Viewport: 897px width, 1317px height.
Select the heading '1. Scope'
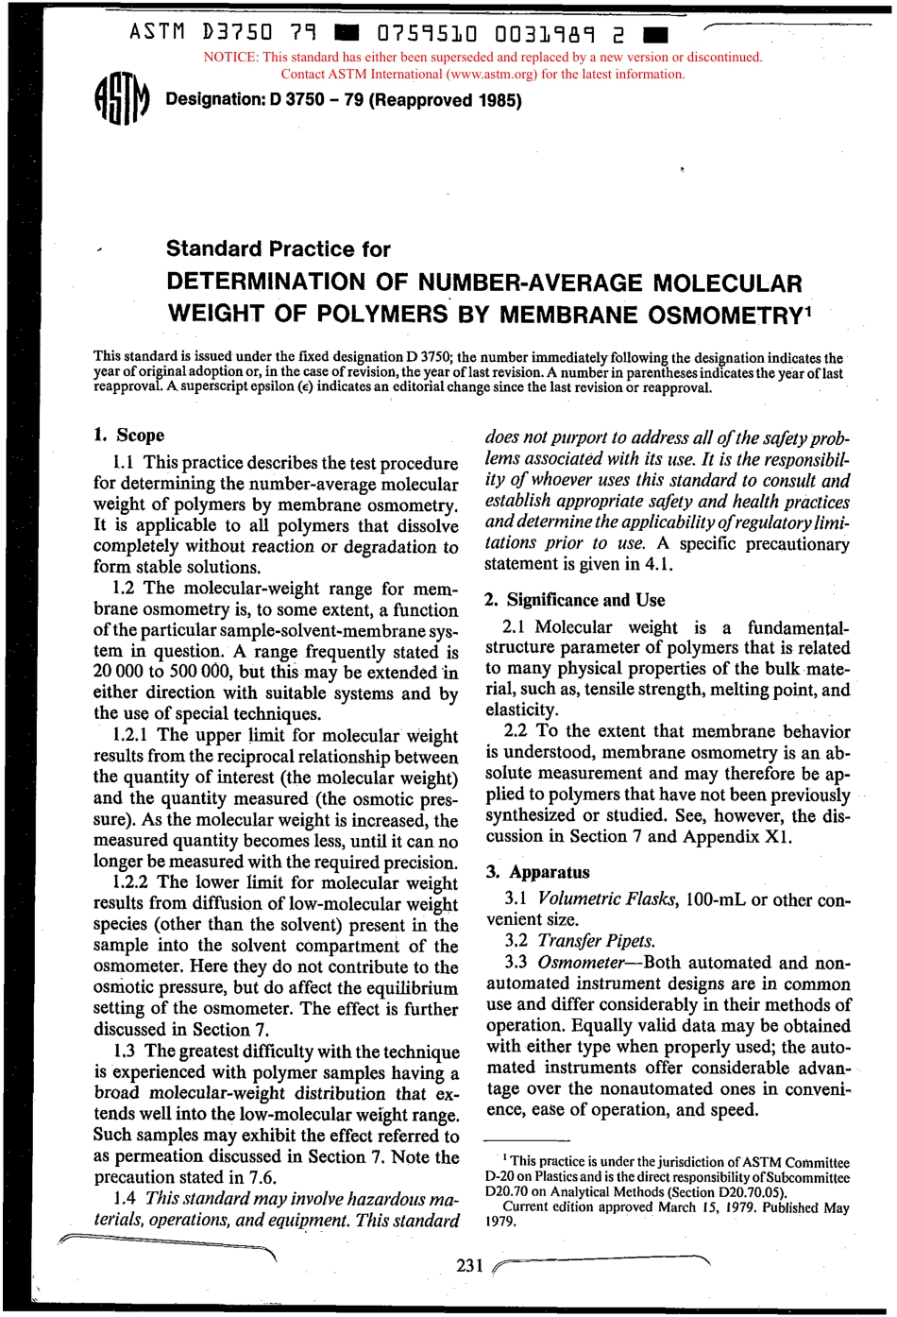point(129,436)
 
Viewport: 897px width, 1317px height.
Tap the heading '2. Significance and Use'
point(575,600)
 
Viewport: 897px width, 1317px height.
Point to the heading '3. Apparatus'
point(538,872)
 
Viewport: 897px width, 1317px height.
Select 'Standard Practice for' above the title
point(278,249)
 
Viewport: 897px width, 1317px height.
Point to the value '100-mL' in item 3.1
point(719,898)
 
